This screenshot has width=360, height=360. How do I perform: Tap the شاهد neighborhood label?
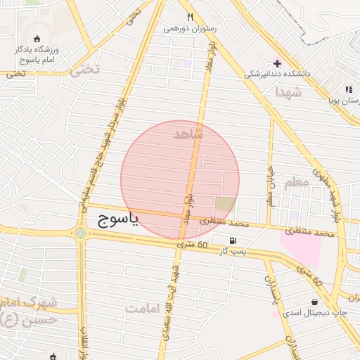click(187, 133)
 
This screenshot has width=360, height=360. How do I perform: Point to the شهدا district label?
click(288, 92)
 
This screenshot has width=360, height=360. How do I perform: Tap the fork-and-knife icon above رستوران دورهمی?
click(189, 17)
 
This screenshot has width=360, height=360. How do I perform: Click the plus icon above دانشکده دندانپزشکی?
click(277, 63)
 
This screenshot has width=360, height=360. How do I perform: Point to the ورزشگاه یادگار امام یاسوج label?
click(37, 55)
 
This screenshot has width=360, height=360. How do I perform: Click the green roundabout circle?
click(81, 233)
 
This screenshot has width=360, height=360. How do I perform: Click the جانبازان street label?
click(269, 182)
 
